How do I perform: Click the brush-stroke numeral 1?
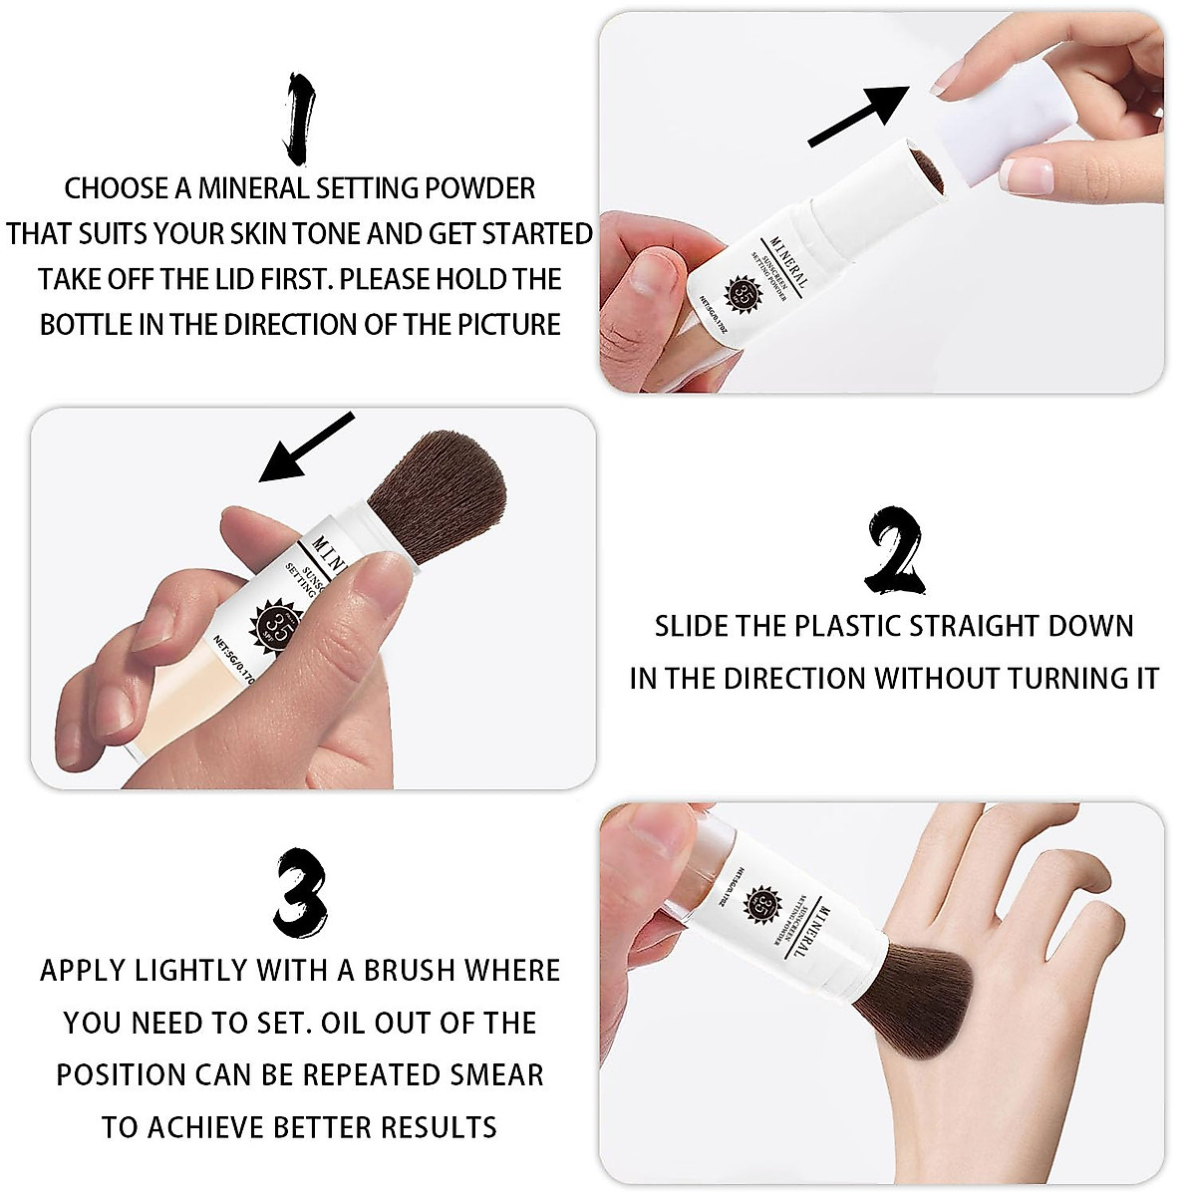pos(300,118)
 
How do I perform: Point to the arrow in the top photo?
pos(857,116)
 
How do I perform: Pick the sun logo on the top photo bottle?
pos(744,293)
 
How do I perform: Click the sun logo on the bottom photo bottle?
pos(762,905)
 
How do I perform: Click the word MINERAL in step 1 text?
pos(253,188)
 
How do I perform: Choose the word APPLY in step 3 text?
pos(84,971)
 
